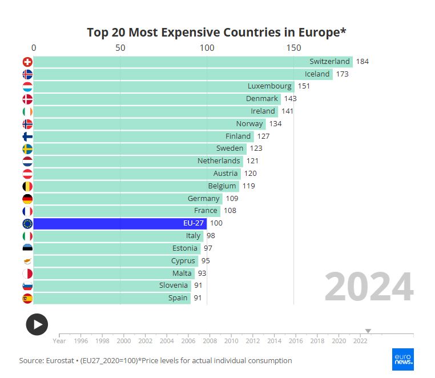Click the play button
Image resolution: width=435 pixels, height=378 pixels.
[37, 324]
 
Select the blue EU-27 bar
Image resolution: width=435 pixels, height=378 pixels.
[120, 223]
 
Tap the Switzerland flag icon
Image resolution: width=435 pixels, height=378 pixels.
[27, 62]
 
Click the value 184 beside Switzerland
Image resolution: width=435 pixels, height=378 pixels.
[362, 62]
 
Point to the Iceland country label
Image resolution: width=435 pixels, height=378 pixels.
[317, 74]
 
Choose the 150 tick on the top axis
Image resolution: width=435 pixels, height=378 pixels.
[293, 48]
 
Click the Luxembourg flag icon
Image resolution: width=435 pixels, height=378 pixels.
[27, 86]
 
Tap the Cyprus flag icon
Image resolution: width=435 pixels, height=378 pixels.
[27, 261]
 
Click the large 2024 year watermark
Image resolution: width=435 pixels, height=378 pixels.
[369, 287]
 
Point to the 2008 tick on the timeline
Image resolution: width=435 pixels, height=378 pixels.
[210, 341]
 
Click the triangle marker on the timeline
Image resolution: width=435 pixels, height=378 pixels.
[368, 331]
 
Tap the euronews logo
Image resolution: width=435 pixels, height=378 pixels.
[403, 359]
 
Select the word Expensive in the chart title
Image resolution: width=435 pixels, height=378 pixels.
[171, 33]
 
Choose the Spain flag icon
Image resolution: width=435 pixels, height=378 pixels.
[27, 298]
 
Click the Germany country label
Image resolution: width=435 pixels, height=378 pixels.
[204, 199]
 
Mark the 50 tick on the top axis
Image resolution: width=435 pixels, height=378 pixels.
[120, 48]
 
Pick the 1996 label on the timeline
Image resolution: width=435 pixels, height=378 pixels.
[81, 341]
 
